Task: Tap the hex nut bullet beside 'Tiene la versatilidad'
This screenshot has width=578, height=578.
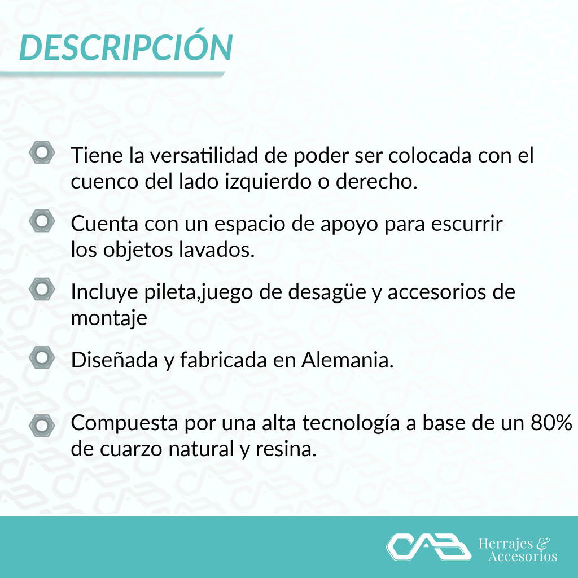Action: coord(42,152)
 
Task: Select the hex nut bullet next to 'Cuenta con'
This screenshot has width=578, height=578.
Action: coord(42,221)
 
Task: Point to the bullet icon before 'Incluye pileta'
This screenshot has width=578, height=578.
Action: coord(42,289)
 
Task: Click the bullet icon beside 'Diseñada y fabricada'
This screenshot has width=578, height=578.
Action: coord(42,357)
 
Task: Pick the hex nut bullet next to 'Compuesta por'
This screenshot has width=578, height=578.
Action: coord(42,426)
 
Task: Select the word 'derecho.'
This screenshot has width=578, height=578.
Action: coord(376,181)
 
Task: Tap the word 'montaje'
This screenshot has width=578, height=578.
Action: coord(109,318)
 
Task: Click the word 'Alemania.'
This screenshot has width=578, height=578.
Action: coord(348,360)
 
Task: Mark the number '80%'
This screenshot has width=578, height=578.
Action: coord(551,423)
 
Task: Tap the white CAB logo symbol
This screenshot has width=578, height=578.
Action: coord(429,546)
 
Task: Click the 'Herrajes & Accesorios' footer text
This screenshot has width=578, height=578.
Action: coord(518,549)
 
